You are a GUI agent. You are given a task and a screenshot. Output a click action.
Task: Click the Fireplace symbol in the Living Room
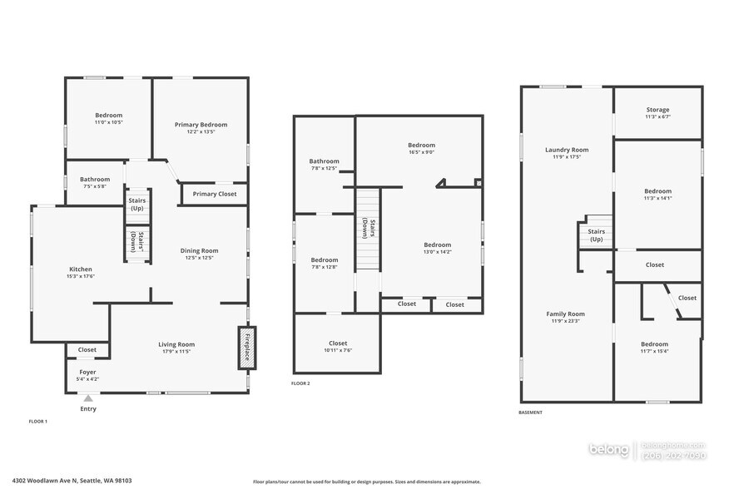[x=246, y=347]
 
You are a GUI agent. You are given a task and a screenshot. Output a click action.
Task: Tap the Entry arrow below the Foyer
[x=88, y=399]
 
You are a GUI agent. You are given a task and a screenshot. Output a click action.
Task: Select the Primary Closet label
[x=215, y=194]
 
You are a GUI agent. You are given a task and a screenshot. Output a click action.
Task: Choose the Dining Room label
[x=199, y=250]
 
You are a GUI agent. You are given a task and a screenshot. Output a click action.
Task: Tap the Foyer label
[x=88, y=372]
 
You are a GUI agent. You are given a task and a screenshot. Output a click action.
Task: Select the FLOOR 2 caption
[x=300, y=383]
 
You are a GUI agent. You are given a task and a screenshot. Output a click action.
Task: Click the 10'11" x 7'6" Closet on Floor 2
[x=338, y=343]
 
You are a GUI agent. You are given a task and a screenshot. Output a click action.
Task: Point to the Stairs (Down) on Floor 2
[x=367, y=229]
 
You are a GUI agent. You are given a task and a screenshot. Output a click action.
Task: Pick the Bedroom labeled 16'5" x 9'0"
[x=421, y=146]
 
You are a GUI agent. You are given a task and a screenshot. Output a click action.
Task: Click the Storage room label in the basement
[x=657, y=110]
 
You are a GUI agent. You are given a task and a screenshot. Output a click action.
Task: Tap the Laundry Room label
[x=567, y=150]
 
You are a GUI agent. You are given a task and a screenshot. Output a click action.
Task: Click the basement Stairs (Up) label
[x=596, y=235]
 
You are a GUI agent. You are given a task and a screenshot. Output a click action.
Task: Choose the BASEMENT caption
[x=530, y=412]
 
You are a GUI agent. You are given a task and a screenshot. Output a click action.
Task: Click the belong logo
[x=609, y=450]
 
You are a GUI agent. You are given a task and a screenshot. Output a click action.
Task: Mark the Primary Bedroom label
[x=201, y=125]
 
